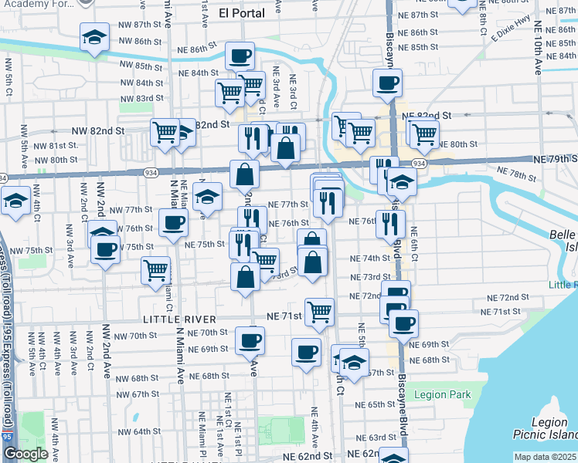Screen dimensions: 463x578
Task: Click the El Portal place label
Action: coord(241,13)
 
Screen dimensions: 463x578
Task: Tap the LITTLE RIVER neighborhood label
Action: coord(178,319)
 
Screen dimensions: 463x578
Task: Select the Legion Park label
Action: coord(442,394)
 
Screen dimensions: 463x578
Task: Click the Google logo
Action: coord(26,454)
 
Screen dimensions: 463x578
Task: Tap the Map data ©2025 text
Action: coord(546,457)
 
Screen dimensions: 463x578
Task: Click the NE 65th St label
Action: coord(377,404)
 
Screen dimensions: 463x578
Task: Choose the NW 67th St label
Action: coord(139,394)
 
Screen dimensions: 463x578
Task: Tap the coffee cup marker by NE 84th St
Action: coord(240,56)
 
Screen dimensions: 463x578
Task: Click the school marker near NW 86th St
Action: coord(94,36)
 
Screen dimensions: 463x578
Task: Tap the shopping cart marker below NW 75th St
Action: coord(155,270)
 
